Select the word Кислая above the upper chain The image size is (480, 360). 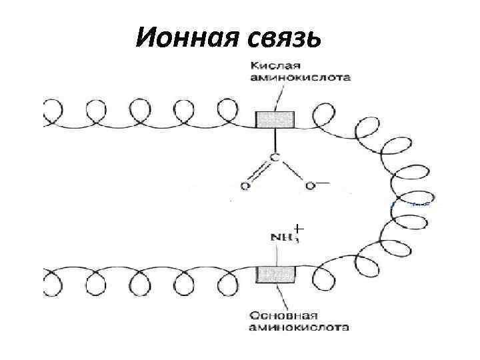(274, 65)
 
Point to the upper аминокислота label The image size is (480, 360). (299, 77)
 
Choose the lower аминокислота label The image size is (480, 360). (299, 327)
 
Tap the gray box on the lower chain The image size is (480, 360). (275, 274)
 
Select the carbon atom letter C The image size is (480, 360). (274, 157)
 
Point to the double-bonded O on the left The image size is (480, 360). (245, 185)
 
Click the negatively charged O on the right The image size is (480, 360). (309, 185)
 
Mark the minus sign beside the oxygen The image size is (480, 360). (323, 181)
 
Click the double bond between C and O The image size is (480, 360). (259, 171)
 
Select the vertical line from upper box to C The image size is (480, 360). (275, 140)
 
